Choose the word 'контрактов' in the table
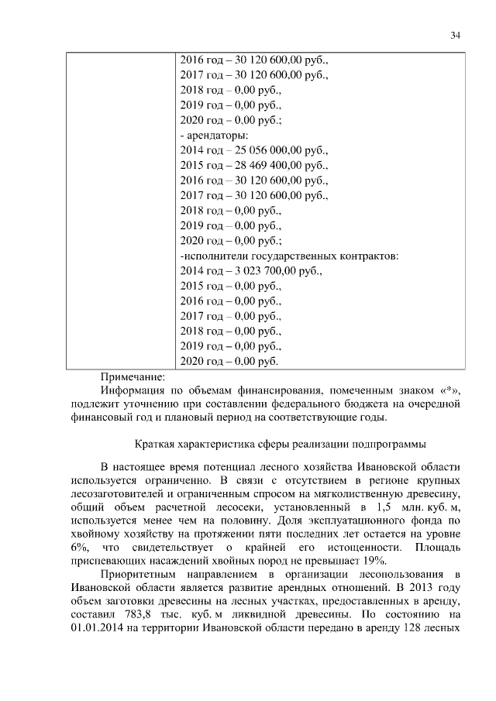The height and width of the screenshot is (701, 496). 368,256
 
